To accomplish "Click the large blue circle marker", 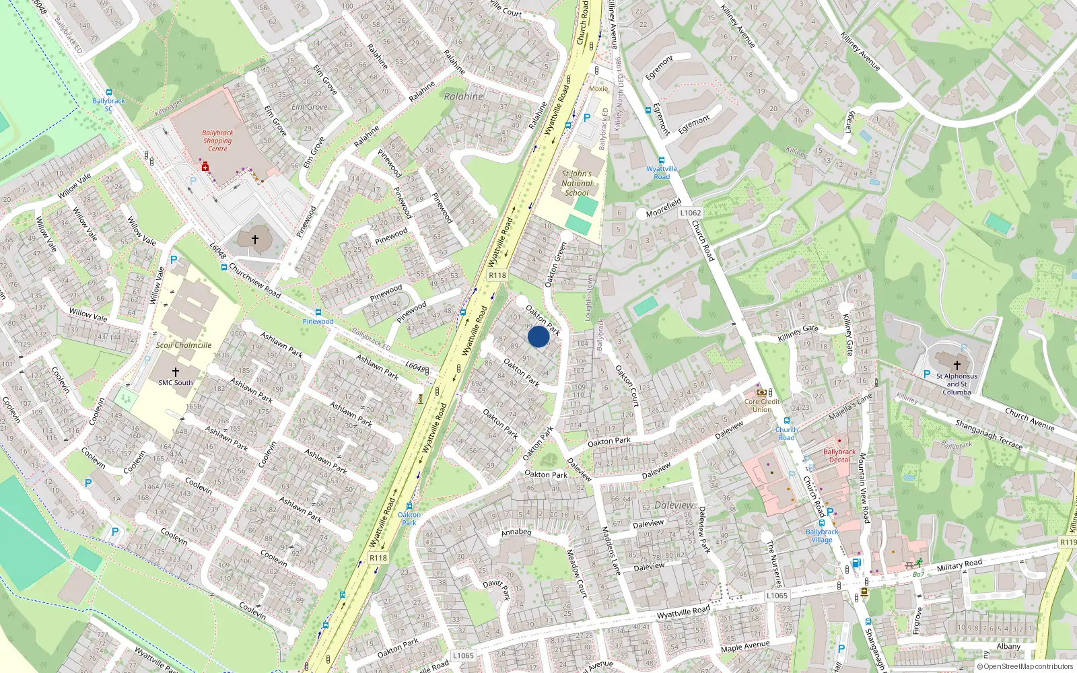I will point(538,336).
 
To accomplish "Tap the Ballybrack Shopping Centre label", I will point(217,141).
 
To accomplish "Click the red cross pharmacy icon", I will point(205,167).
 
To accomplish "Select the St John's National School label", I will point(577,183).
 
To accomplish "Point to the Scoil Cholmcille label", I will point(184,345).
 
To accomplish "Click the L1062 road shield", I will point(691,213).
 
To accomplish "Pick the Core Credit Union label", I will point(762,405).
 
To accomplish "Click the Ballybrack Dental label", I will point(839,456).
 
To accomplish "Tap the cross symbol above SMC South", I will point(176,371).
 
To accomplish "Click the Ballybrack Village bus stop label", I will point(822,536).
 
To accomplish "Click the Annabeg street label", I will point(516,532).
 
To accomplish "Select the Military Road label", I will point(959,565).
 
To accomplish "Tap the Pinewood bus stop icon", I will point(318,312).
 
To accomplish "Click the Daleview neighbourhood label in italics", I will point(674,505).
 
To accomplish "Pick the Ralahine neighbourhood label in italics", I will point(464,96).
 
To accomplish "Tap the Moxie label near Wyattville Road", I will point(598,89).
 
